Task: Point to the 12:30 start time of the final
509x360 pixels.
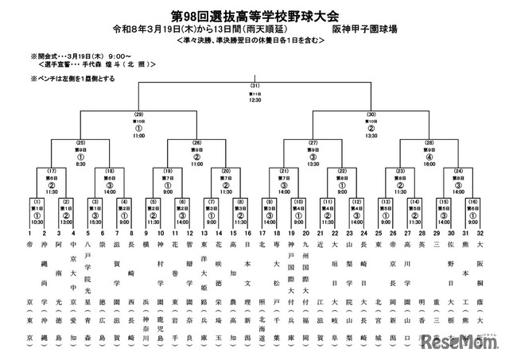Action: pos(255,100)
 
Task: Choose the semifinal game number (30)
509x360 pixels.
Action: pos(371,114)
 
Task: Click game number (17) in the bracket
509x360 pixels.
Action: pos(52,170)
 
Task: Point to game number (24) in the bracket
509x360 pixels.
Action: pos(458,170)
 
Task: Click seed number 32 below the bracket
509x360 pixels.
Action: pos(480,234)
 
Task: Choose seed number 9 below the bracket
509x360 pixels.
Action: pos(146,234)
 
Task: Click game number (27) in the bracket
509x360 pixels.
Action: pos(313,142)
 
